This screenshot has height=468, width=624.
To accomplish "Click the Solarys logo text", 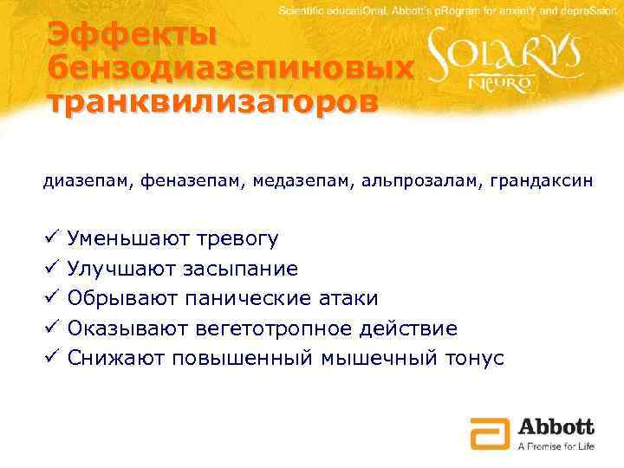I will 517,57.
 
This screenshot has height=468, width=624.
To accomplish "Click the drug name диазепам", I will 81,182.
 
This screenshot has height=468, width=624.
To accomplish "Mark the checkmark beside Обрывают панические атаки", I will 51,298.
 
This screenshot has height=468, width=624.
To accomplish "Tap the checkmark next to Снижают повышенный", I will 51,358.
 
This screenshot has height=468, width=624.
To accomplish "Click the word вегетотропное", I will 279,328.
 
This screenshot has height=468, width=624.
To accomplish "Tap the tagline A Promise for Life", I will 556,445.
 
